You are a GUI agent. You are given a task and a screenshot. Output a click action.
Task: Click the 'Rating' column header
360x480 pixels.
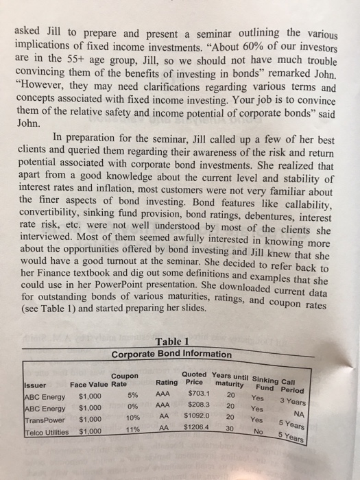click(167, 381)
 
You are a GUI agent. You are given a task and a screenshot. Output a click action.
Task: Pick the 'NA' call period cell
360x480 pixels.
click(335, 416)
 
